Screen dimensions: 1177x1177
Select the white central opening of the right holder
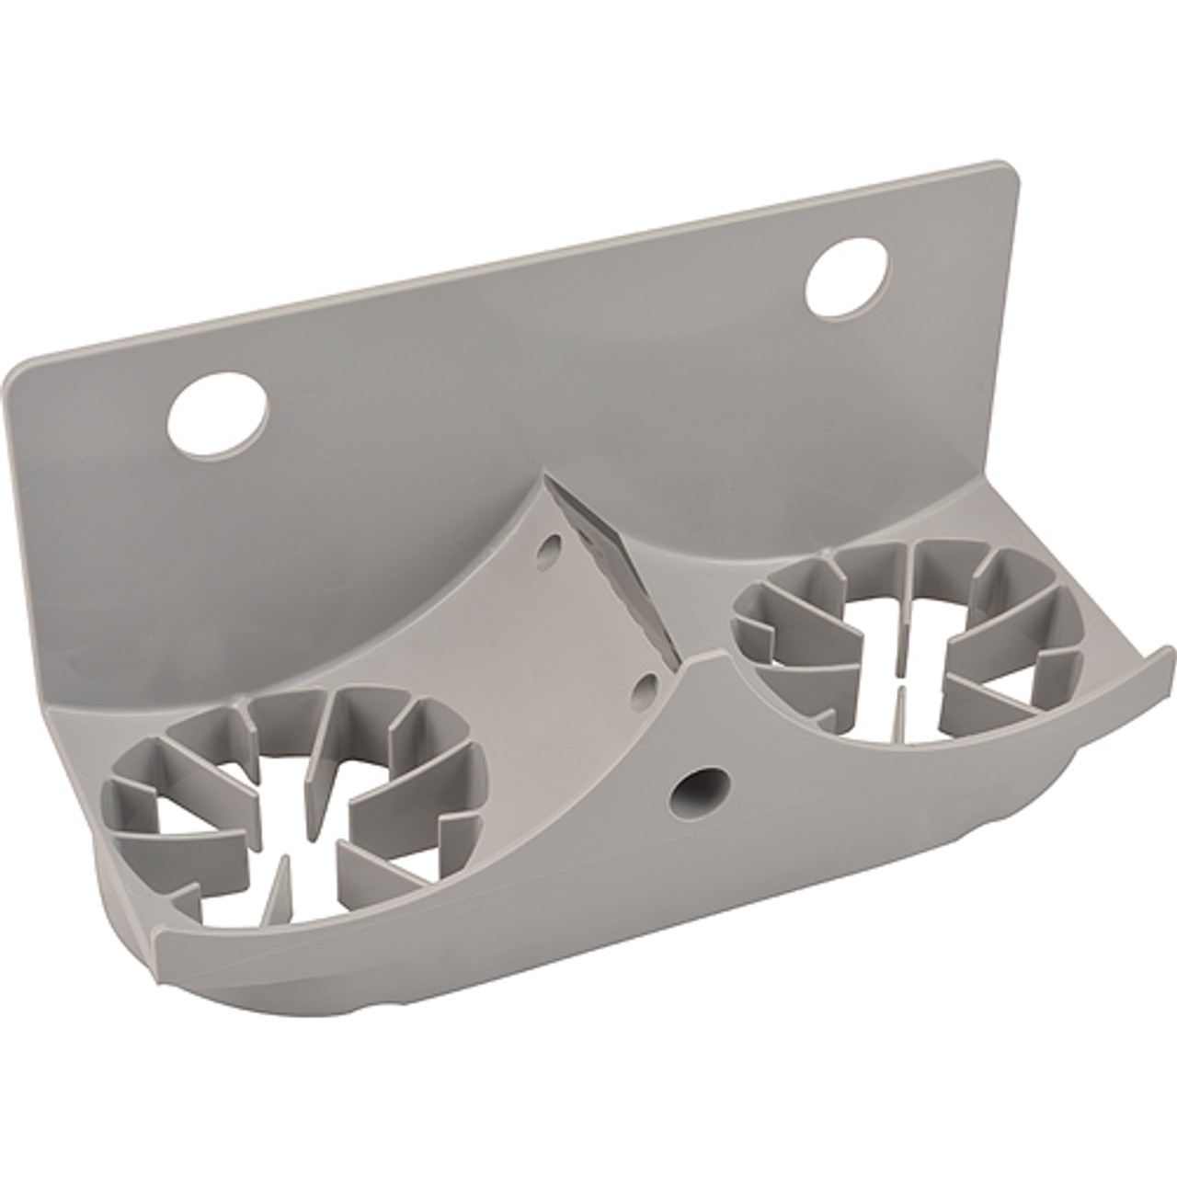(897, 662)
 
